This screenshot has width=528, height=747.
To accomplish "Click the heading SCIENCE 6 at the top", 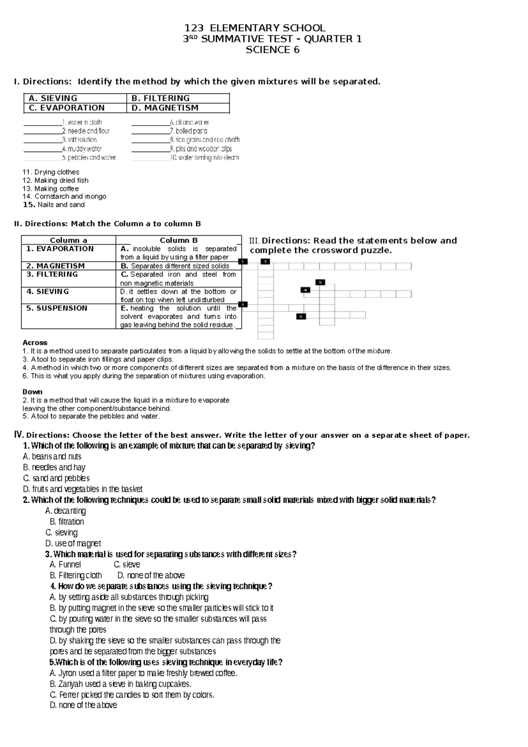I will pos(272,50).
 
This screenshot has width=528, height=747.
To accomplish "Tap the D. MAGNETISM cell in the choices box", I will pos(165,108).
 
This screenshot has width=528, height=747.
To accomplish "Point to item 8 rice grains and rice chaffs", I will pos(205,140).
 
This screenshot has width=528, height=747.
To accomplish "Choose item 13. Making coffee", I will pos(51,189).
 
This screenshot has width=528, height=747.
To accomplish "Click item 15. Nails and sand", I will pos(54,205).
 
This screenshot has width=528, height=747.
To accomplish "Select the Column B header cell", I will pos(179,240).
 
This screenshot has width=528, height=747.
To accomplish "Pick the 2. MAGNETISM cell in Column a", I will pos(55,266).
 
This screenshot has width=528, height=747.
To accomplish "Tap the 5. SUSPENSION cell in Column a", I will pos(57,308).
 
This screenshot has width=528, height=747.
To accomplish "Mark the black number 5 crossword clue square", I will pos(320,282).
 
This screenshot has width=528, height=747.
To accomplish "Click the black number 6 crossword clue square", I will pos(301,316).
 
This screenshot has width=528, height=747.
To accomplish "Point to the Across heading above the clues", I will pos(35,343).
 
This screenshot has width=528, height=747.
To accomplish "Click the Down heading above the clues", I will pos(33,392).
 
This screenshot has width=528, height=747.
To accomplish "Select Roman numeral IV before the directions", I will pos(18,435).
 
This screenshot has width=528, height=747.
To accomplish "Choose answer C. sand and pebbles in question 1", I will pos(56,478).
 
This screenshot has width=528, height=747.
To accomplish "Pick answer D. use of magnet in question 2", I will pos(73,544).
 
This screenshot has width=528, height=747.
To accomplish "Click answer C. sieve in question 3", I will pos(127,565).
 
